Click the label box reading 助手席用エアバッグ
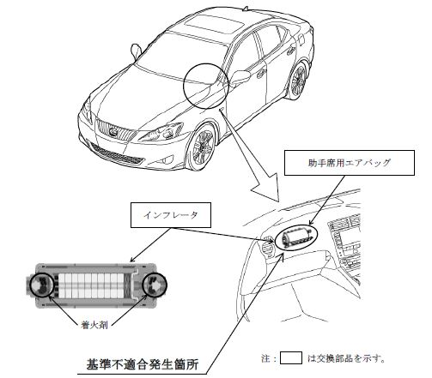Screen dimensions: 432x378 coord(349,163)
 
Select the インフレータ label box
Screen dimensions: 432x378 coord(171,215)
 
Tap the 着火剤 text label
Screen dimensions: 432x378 coord(94,325)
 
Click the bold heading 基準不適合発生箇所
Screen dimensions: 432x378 coord(143,364)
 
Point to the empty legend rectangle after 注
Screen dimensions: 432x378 coord(291,358)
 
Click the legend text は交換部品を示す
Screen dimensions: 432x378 coord(346,358)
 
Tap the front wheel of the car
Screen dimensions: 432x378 coord(203,147)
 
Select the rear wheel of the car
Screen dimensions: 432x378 coord(298,81)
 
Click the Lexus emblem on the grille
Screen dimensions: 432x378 coord(113,132)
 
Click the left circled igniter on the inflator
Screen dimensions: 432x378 coord(42,285)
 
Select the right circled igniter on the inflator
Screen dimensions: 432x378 coord(155,285)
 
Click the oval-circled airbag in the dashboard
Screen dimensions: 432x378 coord(297,237)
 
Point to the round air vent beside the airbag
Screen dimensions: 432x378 coord(268,243)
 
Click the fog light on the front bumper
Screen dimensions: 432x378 coord(167,159)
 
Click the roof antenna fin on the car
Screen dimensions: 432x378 coord(246,9)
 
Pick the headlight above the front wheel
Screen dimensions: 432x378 coord(161,132)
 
